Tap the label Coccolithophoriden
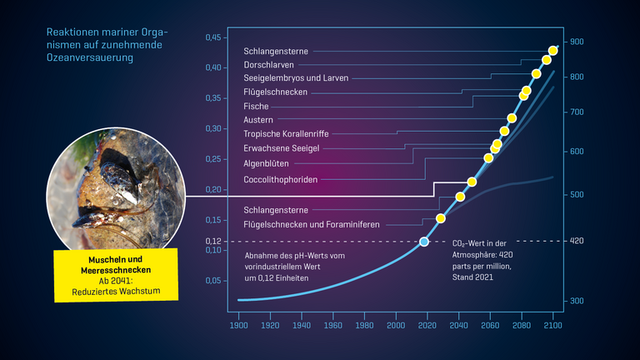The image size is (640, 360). click(x=280, y=179)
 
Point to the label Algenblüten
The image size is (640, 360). click(x=266, y=164)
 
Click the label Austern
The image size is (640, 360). click(x=258, y=120)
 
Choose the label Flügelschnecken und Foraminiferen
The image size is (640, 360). click(x=312, y=225)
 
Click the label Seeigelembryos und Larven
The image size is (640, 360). click(x=296, y=78)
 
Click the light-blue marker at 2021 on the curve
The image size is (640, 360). click(x=424, y=242)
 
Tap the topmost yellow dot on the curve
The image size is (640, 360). click(x=553, y=51)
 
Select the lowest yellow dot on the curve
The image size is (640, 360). click(x=441, y=218)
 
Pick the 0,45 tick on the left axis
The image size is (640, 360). click(x=213, y=38)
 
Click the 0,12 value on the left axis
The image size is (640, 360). click(x=214, y=241)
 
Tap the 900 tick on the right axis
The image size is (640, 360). click(x=577, y=42)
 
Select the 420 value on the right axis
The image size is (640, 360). click(x=577, y=241)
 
